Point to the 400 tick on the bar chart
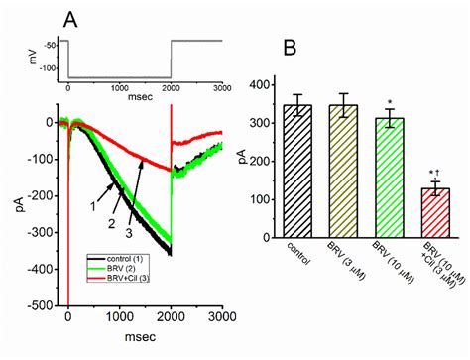[x=260, y=85]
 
